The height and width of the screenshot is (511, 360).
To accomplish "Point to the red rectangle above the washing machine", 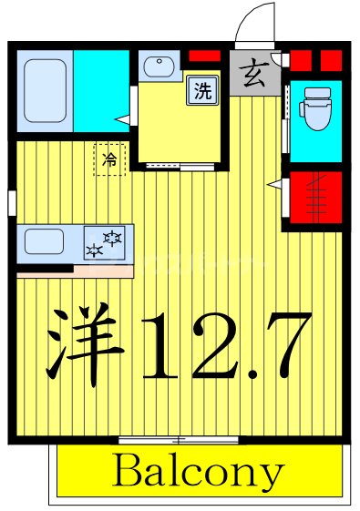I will tap(204, 56).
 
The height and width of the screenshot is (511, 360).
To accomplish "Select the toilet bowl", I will tap(315, 107).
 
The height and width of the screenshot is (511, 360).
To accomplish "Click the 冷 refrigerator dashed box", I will tap(109, 160).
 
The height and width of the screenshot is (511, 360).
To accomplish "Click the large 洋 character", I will tap(87, 343).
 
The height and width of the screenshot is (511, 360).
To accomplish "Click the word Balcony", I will tap(198, 472).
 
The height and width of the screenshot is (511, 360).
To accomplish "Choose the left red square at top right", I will tap(302, 60).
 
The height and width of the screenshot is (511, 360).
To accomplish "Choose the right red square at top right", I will tap(331, 60).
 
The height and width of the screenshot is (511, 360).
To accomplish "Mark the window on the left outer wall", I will tap(10, 202).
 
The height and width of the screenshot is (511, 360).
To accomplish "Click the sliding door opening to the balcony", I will tap(179, 440).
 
